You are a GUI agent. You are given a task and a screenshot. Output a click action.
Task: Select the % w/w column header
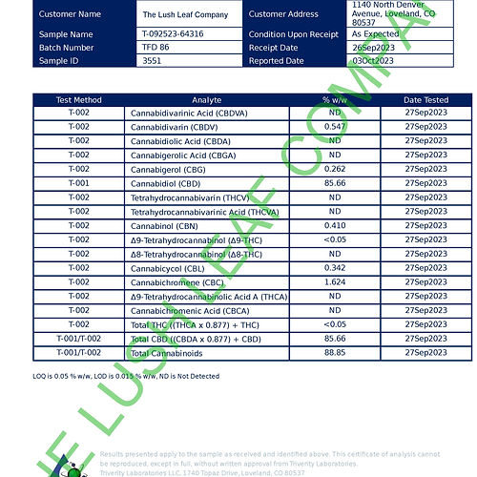(x=334, y=99)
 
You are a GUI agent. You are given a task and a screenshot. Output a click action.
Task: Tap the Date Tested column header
(x=425, y=99)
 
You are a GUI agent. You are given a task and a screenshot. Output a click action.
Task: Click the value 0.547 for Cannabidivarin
(x=334, y=126)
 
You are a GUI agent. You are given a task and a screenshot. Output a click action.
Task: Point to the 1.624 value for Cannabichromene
(x=334, y=282)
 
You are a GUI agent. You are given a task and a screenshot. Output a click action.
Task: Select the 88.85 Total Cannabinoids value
(x=334, y=353)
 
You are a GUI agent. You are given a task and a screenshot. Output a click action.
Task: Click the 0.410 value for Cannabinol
(x=334, y=226)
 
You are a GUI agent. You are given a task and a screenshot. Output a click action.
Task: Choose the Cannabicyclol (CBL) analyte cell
(x=172, y=268)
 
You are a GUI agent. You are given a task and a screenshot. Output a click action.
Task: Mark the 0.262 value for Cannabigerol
(x=334, y=169)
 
